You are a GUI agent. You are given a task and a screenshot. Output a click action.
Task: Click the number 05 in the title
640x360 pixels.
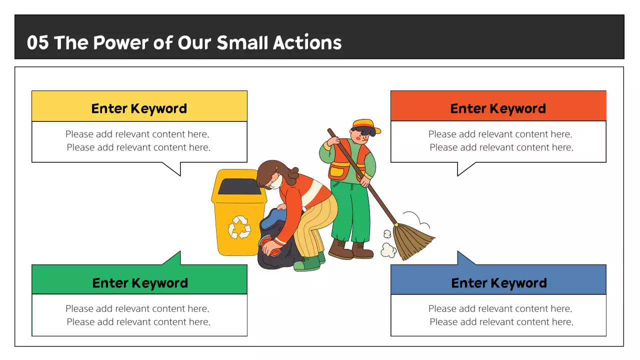[x=37, y=43]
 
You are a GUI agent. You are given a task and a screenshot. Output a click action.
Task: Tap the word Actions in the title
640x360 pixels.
[x=307, y=43]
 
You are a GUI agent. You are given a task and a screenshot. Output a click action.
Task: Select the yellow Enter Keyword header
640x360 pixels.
[x=139, y=108]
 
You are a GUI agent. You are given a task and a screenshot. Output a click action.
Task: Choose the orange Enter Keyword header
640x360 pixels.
[x=498, y=108]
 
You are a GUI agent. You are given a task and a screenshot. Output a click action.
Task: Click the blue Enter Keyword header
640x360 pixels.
[x=498, y=282]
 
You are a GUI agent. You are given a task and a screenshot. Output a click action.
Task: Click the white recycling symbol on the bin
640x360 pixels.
[x=239, y=227]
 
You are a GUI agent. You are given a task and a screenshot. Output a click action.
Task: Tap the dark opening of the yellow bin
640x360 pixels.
[x=239, y=186]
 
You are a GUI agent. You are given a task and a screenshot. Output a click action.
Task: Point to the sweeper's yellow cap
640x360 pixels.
[x=365, y=125]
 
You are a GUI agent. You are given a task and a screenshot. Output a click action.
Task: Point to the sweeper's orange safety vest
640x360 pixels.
[x=344, y=160]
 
